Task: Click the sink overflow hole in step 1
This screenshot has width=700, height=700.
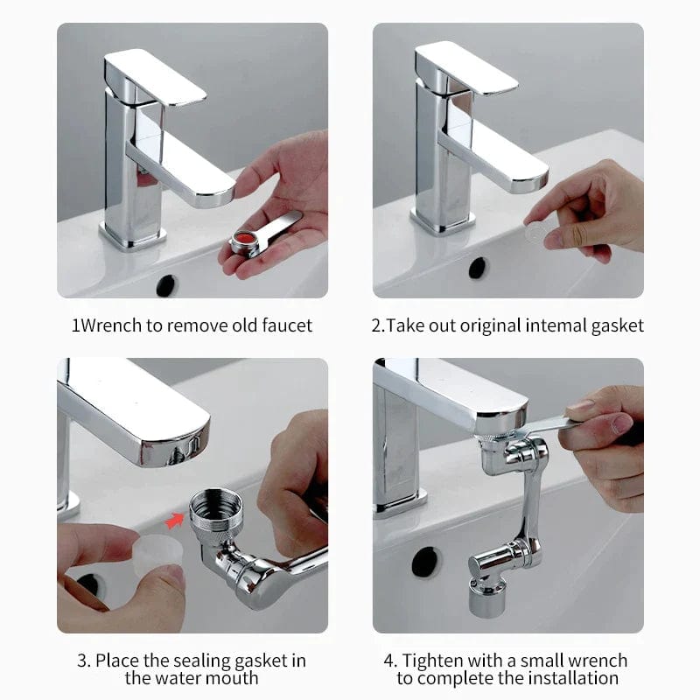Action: pos(166,284)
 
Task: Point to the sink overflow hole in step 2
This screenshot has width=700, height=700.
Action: pos(478,268)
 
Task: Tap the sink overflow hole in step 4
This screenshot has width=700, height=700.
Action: pos(425,561)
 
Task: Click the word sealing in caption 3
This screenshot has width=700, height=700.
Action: pos(199,660)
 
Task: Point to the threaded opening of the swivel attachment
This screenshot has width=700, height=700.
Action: pos(216,505)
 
